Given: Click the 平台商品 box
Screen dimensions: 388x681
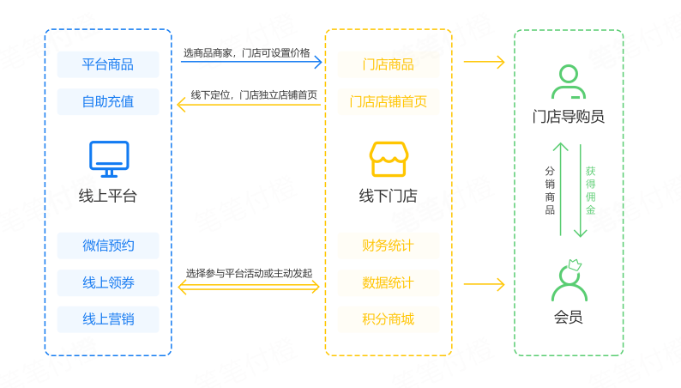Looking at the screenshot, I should coord(108,64).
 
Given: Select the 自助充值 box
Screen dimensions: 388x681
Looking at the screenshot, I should coord(108,101).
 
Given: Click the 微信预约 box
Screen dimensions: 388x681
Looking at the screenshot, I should coord(108,246).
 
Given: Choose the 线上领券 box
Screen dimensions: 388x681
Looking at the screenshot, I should coord(108,282).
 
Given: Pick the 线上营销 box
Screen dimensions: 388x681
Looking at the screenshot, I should coord(108,319).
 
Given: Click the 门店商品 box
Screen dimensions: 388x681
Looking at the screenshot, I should coord(388,64).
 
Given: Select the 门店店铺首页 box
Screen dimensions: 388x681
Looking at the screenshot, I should coord(388,101).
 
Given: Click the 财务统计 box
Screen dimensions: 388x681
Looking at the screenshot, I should coord(388,246).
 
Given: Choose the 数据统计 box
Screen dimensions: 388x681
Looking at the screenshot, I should coord(388,282).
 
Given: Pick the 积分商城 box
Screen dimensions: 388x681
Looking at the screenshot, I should coord(388,319).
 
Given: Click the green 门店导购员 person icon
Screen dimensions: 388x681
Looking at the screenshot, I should coord(569,82).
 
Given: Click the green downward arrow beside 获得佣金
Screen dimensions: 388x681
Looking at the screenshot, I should coord(579,189).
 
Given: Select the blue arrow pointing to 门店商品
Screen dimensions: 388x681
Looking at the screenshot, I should coord(250,62).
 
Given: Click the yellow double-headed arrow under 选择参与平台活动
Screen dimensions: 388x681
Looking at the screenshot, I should coord(248,287).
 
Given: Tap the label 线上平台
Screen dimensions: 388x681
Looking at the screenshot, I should coord(108,196).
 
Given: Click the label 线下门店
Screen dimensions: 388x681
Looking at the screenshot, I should coord(388,196).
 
